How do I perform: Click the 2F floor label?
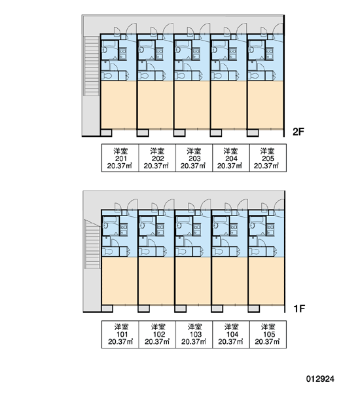click(298, 132)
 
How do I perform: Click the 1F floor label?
click(299, 309)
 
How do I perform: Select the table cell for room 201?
click(120, 158)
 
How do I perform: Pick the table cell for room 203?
click(194, 158)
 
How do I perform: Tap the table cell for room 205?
click(268, 158)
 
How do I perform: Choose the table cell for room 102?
click(157, 334)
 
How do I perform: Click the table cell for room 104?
click(231, 334)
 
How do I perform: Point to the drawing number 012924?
click(320, 379)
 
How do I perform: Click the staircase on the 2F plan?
click(92, 65)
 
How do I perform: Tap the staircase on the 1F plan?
click(93, 244)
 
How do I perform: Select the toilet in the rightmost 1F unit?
click(255, 252)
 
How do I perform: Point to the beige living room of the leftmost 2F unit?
click(118, 105)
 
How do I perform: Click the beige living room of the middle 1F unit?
click(193, 281)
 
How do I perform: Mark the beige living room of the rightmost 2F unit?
click(266, 105)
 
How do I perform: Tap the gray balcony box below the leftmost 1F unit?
click(107, 309)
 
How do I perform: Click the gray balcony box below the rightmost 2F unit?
click(253, 132)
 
